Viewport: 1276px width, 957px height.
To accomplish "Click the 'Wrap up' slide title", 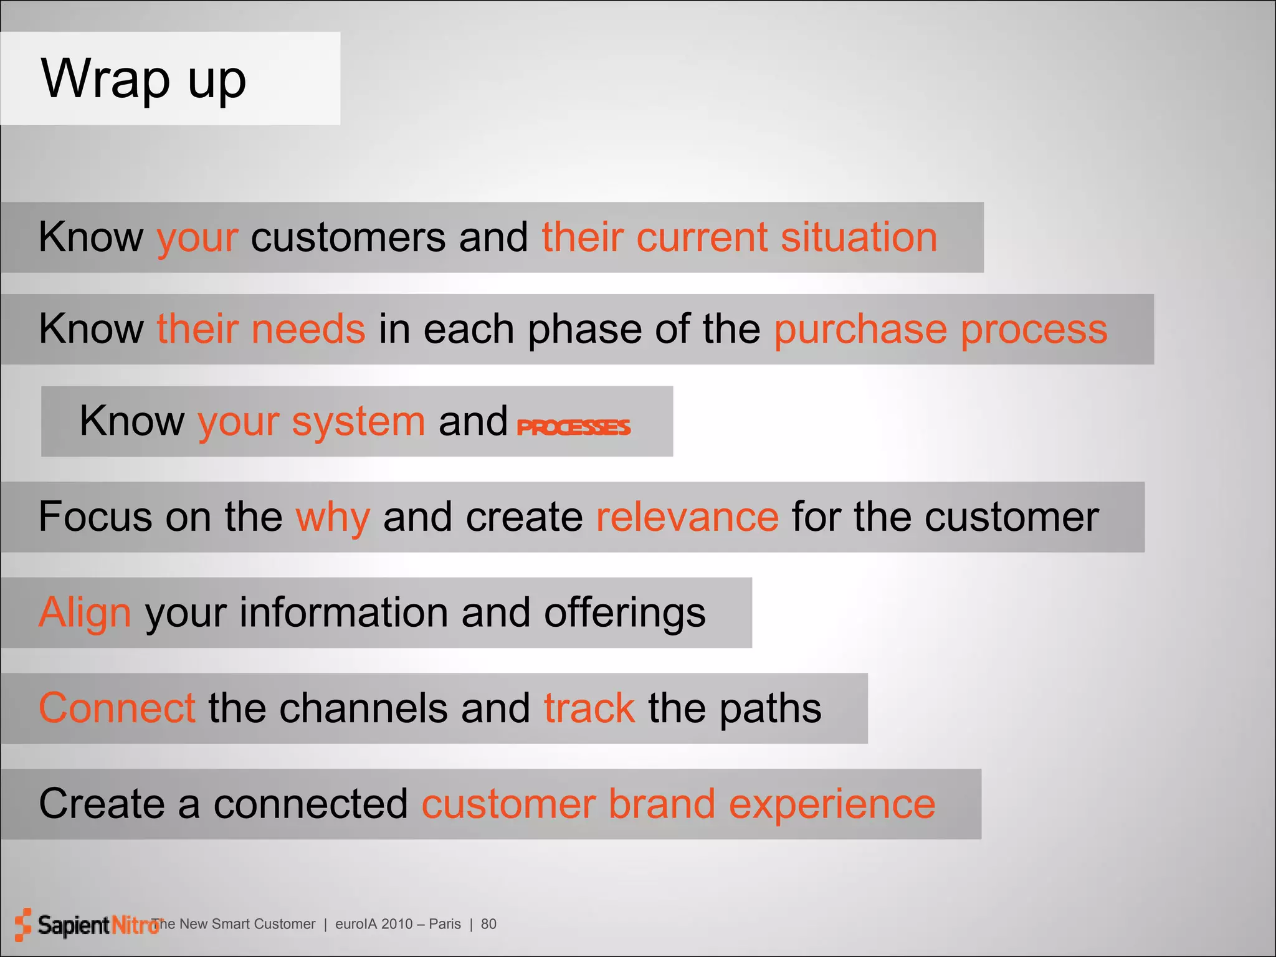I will (143, 80).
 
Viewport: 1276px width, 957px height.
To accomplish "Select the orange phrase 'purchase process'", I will (940, 330).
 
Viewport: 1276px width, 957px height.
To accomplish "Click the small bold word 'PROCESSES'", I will (573, 427).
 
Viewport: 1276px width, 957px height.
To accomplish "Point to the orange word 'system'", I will (358, 422).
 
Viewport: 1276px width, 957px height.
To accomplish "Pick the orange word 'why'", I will (333, 517).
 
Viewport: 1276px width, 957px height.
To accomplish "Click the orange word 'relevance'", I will (687, 517).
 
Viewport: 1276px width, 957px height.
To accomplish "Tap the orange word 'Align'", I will (85, 612).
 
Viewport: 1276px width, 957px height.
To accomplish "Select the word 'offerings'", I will (624, 612).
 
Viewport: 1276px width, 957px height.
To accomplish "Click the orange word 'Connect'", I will (117, 708).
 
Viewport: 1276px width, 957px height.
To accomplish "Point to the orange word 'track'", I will (589, 708).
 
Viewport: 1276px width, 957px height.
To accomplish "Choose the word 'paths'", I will (770, 708).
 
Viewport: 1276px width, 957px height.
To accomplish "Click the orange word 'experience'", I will (832, 804).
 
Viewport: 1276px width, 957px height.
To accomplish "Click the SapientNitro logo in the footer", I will (87, 925).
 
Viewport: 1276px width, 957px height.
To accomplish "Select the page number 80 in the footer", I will (488, 924).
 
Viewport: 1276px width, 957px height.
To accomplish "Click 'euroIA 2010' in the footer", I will (373, 924).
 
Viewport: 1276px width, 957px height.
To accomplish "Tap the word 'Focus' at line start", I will (95, 517).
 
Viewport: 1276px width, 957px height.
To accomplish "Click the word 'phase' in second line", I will (584, 330).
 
